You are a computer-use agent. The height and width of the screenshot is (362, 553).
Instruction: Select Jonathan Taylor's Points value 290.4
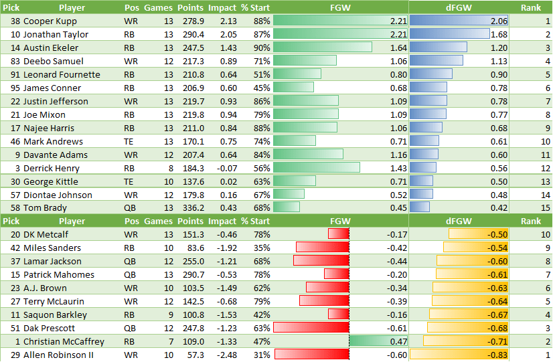click(x=191, y=34)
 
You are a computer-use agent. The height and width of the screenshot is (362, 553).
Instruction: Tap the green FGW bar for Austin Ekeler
click(x=322, y=48)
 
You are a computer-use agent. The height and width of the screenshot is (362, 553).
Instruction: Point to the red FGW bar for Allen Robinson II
click(x=311, y=355)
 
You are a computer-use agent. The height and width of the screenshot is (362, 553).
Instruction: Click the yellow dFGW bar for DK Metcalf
click(x=478, y=234)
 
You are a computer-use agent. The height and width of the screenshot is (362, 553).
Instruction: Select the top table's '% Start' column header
click(x=255, y=7)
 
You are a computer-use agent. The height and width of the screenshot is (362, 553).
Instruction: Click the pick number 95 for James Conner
click(x=14, y=88)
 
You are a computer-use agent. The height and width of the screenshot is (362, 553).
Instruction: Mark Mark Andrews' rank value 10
click(x=545, y=141)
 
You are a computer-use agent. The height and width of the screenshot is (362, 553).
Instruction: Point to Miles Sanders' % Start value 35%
click(x=262, y=248)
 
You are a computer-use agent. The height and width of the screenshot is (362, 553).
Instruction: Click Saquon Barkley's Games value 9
click(x=168, y=314)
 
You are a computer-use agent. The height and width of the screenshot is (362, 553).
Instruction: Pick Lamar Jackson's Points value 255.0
click(x=191, y=261)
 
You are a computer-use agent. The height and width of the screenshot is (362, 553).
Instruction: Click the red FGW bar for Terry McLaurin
click(x=323, y=301)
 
